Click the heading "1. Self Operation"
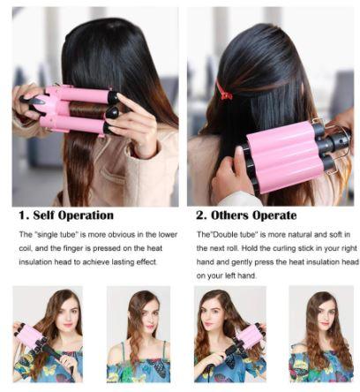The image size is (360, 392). [x=66, y=215]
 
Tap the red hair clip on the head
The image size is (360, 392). [x=225, y=90]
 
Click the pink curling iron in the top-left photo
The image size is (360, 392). [x=75, y=109]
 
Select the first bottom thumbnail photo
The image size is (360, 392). [x=48, y=334]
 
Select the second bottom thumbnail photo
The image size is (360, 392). [x=138, y=334]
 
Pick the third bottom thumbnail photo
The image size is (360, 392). [x=228, y=334]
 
